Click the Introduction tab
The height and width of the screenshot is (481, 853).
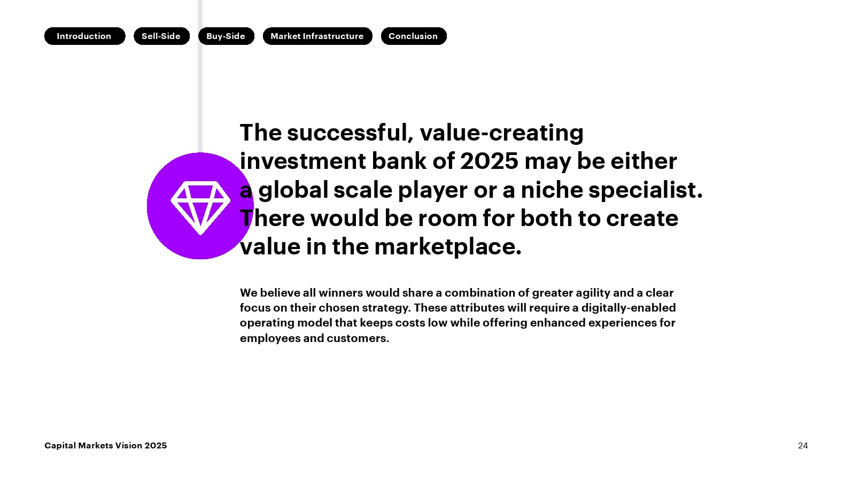coord(84,36)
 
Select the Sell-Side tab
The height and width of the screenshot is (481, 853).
coord(161,36)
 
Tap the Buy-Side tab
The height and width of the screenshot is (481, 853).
coord(226,36)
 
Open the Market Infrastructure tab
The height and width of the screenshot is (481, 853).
coord(317,36)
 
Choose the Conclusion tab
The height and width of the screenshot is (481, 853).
coord(414,36)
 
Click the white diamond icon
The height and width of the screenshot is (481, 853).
coord(200,207)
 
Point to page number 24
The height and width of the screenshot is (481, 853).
coord(803,446)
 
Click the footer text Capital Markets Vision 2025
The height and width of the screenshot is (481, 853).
coord(105,446)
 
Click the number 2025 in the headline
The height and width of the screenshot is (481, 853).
coord(489,161)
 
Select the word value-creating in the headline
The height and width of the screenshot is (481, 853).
coord(501,134)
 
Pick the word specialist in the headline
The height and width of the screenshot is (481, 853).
coord(646,190)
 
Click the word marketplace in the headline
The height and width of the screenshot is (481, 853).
coord(448,247)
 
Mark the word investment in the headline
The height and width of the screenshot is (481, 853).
coord(303,161)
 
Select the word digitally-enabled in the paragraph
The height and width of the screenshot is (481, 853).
coord(629,308)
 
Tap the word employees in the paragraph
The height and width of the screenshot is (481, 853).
coord(270,338)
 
